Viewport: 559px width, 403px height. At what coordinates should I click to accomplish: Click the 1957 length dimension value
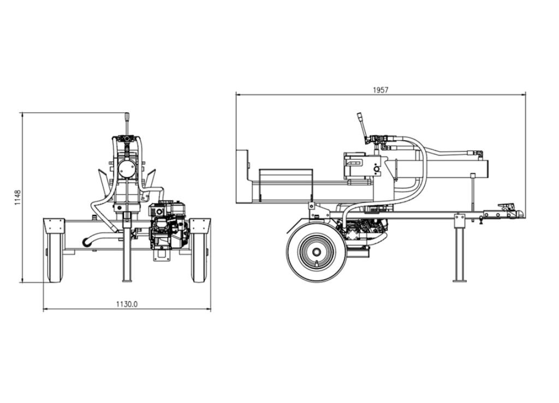tap(380, 90)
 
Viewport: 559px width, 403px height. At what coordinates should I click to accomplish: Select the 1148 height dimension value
tap(18, 197)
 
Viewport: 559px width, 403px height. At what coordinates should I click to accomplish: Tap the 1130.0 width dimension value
tap(127, 304)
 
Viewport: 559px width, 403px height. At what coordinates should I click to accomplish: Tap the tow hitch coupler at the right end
tap(511, 210)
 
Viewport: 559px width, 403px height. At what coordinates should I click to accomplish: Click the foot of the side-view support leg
tap(460, 280)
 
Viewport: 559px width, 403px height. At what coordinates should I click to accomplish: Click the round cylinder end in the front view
tap(126, 170)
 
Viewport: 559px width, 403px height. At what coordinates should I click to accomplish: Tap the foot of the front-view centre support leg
tap(127, 280)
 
